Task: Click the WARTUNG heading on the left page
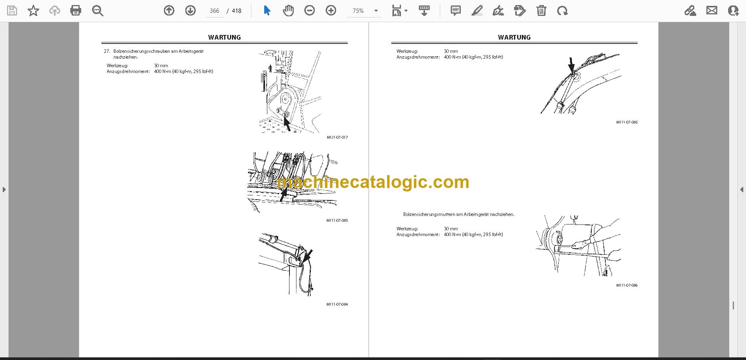pyautogui.click(x=224, y=37)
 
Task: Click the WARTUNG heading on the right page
pyautogui.click(x=514, y=37)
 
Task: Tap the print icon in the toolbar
pyautogui.click(x=76, y=10)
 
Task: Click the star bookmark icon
pyautogui.click(x=33, y=10)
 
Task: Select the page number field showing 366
pyautogui.click(x=214, y=11)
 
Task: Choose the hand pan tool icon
pyautogui.click(x=288, y=10)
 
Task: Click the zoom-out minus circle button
pyautogui.click(x=309, y=10)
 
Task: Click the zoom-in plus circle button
pyautogui.click(x=331, y=10)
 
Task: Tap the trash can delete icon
pyautogui.click(x=541, y=10)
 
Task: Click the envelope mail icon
pyautogui.click(x=712, y=10)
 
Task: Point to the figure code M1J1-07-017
pyautogui.click(x=337, y=137)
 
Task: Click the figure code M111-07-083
pyautogui.click(x=337, y=221)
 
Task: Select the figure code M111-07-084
pyautogui.click(x=337, y=304)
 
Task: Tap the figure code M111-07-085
pyautogui.click(x=627, y=122)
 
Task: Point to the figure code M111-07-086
pyautogui.click(x=627, y=285)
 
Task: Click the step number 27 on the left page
pyautogui.click(x=107, y=51)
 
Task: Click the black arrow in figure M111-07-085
pyautogui.click(x=572, y=65)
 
